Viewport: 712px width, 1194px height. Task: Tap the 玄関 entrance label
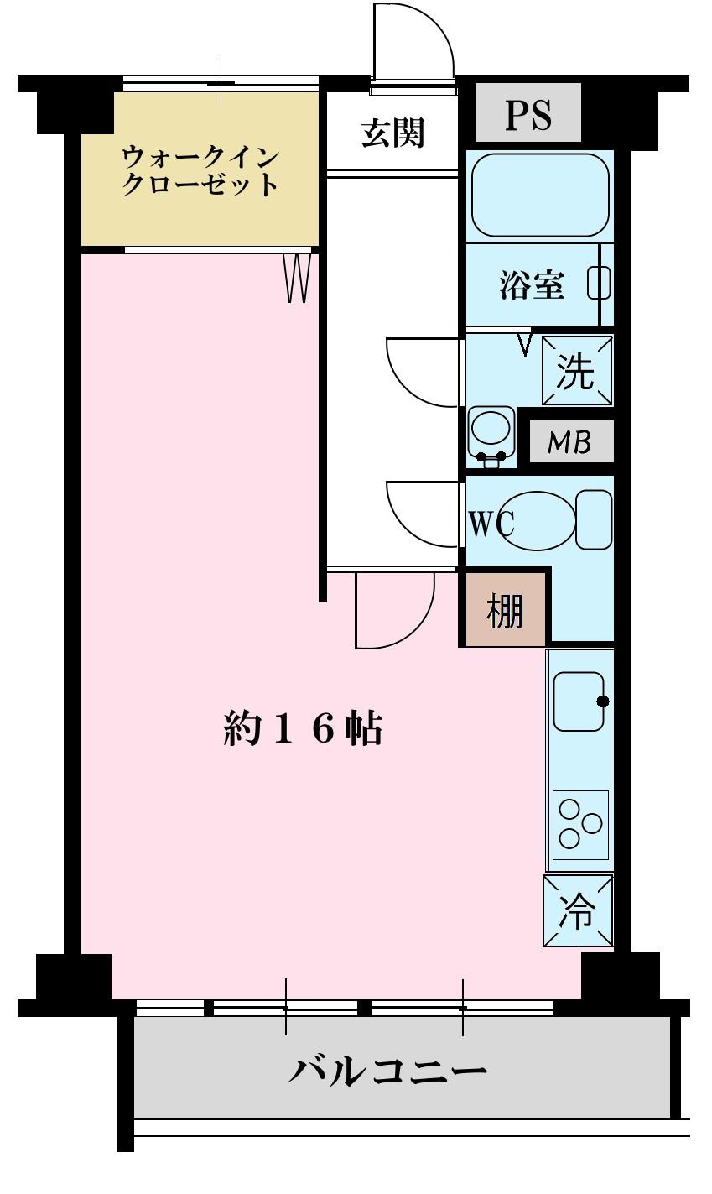click(392, 133)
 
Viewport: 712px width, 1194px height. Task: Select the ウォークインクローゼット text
click(200, 170)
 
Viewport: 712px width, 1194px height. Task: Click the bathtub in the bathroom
click(539, 195)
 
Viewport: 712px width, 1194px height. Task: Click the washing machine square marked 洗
click(577, 371)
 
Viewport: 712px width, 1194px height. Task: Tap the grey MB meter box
click(570, 442)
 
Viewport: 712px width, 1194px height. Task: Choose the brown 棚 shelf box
click(506, 610)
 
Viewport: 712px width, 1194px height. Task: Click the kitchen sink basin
click(579, 701)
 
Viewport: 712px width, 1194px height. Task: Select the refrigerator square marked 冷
click(578, 911)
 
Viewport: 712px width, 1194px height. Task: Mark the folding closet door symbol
click(298, 277)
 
